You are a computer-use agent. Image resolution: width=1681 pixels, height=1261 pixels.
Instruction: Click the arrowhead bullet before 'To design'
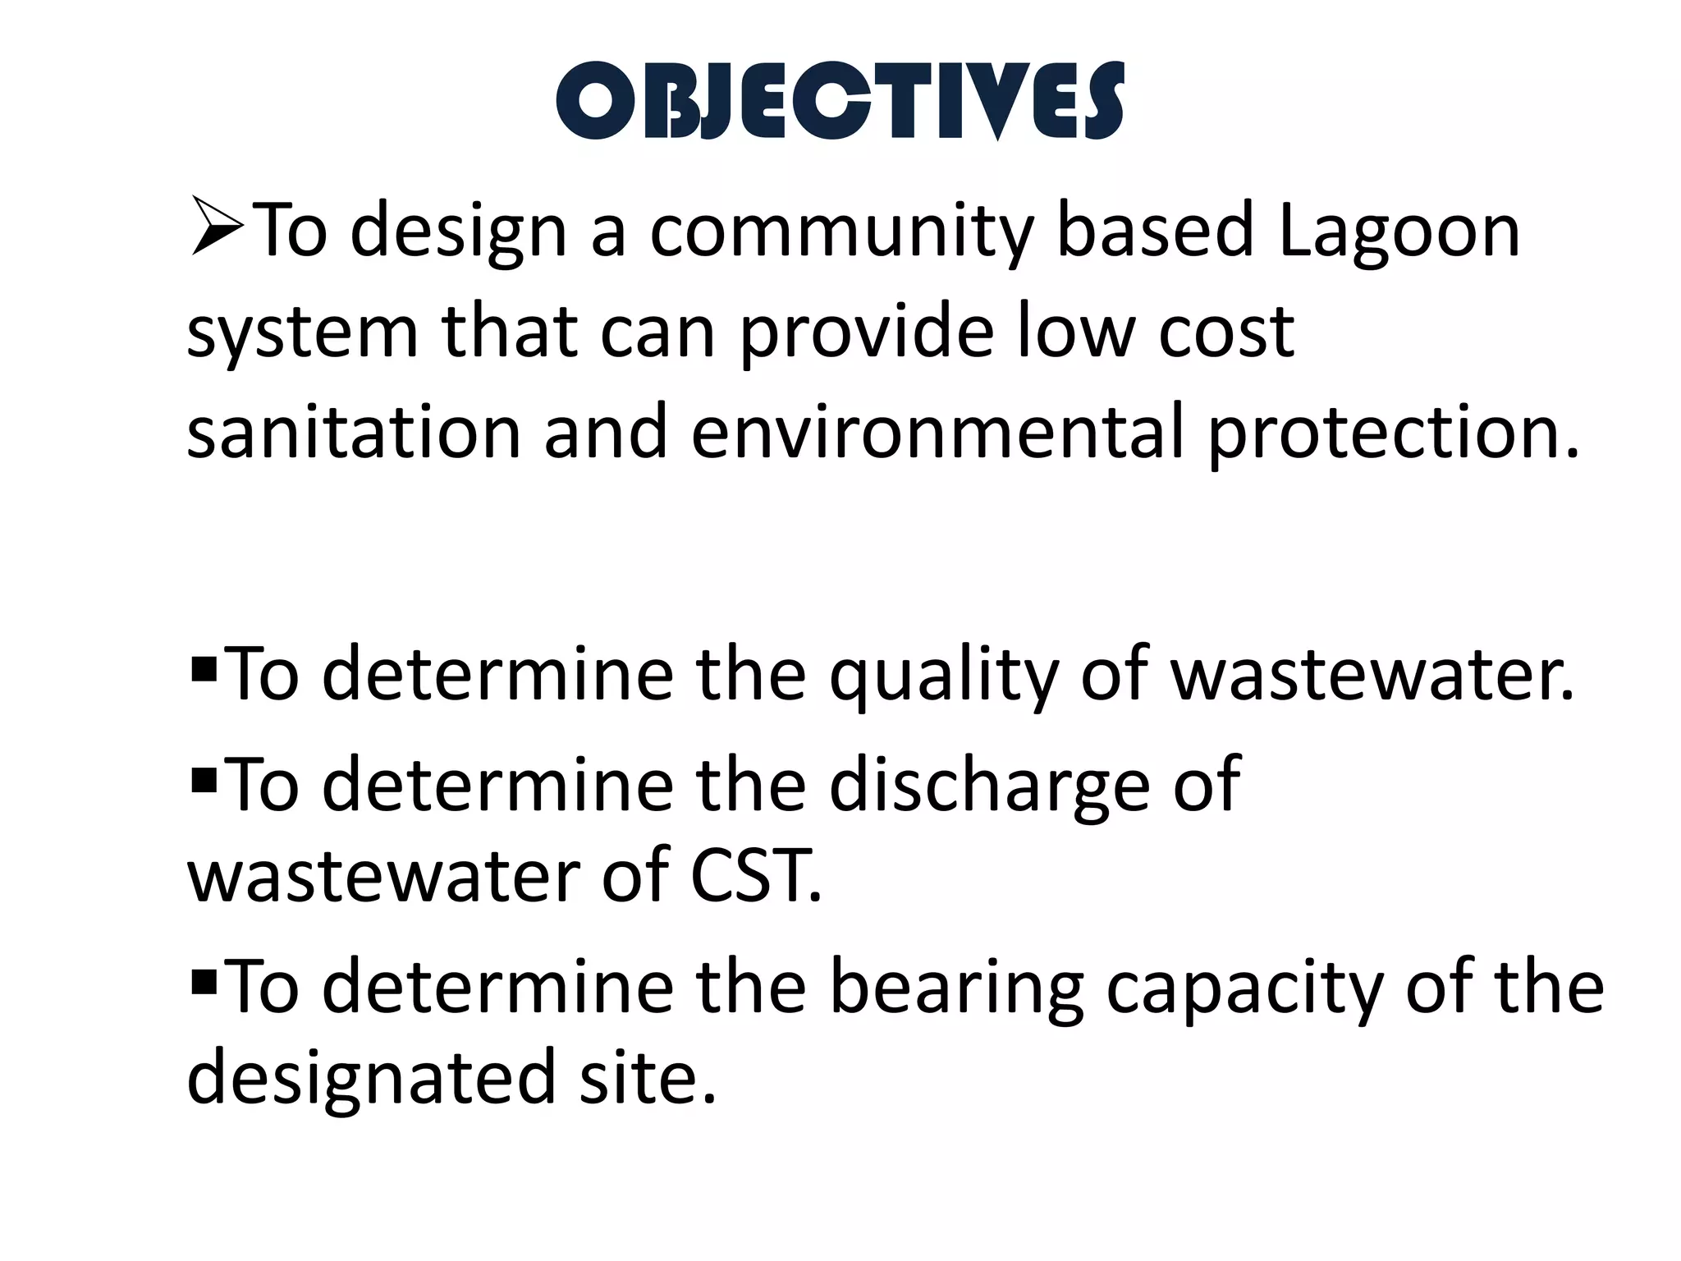tap(216, 225)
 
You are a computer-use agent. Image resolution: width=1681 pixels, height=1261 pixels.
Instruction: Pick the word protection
tap(1392, 435)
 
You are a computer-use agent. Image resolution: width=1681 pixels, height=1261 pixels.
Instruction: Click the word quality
tap(943, 675)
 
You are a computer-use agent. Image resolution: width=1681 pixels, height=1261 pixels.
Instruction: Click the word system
tap(303, 333)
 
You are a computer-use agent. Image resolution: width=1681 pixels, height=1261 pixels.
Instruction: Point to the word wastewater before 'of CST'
tap(382, 877)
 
